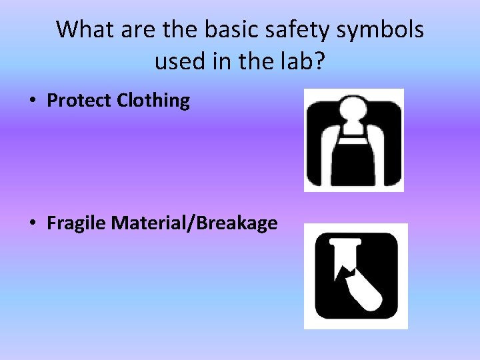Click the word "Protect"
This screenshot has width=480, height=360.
click(x=79, y=101)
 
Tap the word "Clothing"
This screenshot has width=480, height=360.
click(x=153, y=101)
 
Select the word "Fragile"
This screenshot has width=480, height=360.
click(x=77, y=223)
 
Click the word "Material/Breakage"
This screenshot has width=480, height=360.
click(x=195, y=223)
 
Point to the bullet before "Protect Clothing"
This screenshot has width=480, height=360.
click(x=32, y=101)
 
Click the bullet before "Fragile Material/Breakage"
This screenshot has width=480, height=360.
click(x=32, y=223)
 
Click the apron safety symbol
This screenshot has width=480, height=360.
click(x=354, y=140)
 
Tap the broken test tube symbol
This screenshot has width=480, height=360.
click(x=355, y=276)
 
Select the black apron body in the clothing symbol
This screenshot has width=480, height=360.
click(x=354, y=160)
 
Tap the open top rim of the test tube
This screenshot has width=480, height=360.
click(x=345, y=244)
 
